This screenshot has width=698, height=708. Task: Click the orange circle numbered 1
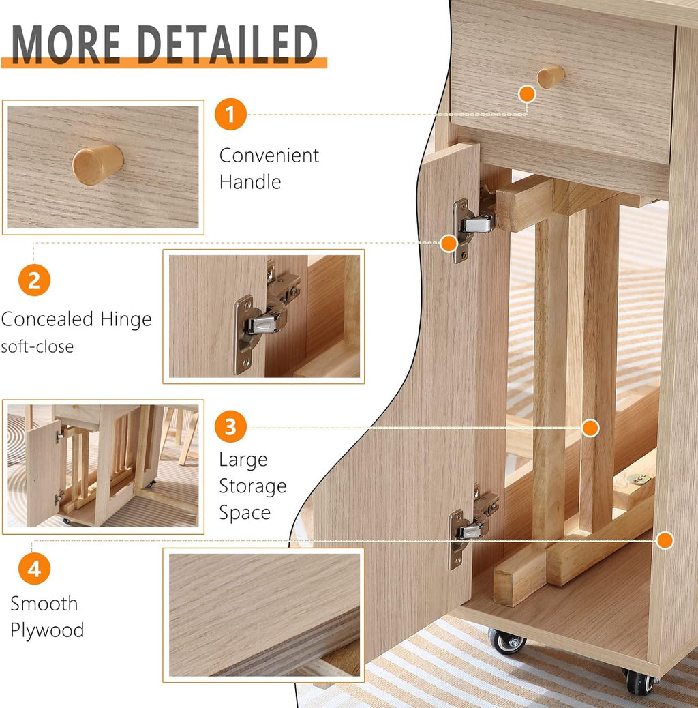pyautogui.click(x=230, y=115)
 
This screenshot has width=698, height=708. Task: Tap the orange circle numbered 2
pyautogui.click(x=34, y=280)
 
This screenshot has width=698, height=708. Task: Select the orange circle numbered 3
pyautogui.click(x=230, y=427)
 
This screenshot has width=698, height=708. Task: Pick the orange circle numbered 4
pyautogui.click(x=34, y=568)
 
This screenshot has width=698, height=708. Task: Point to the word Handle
pyautogui.click(x=250, y=182)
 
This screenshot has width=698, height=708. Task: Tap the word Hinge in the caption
pyautogui.click(x=125, y=319)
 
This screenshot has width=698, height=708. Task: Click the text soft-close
pyautogui.click(x=37, y=346)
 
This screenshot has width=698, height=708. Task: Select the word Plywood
pyautogui.click(x=47, y=630)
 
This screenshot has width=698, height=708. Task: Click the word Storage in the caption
pyautogui.click(x=252, y=486)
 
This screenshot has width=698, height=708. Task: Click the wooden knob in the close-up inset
pyautogui.click(x=97, y=164)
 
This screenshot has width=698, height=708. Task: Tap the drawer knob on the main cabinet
pyautogui.click(x=550, y=76)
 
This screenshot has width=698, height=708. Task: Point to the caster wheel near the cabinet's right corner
pyautogui.click(x=639, y=681)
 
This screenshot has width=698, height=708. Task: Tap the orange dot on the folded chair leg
pyautogui.click(x=590, y=428)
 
